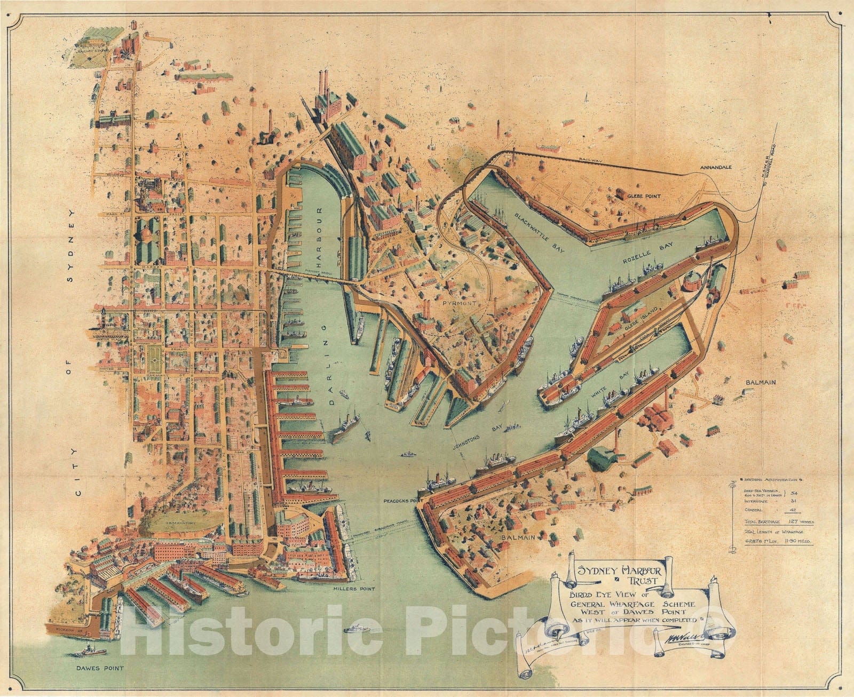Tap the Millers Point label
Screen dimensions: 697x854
click(x=352, y=589)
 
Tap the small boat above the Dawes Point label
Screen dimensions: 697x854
click(x=89, y=651)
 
